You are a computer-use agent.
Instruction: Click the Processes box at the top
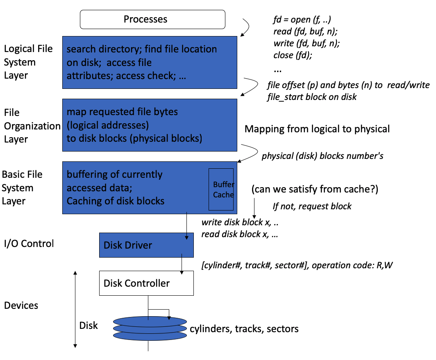click(152, 19)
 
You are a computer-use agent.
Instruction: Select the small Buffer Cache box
click(221, 189)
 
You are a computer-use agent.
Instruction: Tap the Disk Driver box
click(146, 245)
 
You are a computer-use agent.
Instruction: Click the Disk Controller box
click(146, 283)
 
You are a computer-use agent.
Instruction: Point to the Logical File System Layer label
click(28, 62)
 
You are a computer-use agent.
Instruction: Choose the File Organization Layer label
click(32, 126)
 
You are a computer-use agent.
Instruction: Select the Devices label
click(21, 306)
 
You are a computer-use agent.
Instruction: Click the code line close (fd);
click(293, 55)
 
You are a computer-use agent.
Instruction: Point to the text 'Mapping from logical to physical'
click(317, 129)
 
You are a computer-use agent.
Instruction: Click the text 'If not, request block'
click(312, 206)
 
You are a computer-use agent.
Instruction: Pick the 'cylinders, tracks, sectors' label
click(244, 328)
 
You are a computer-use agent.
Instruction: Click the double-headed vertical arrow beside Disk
click(75, 309)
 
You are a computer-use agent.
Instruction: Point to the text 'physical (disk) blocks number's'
click(322, 156)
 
